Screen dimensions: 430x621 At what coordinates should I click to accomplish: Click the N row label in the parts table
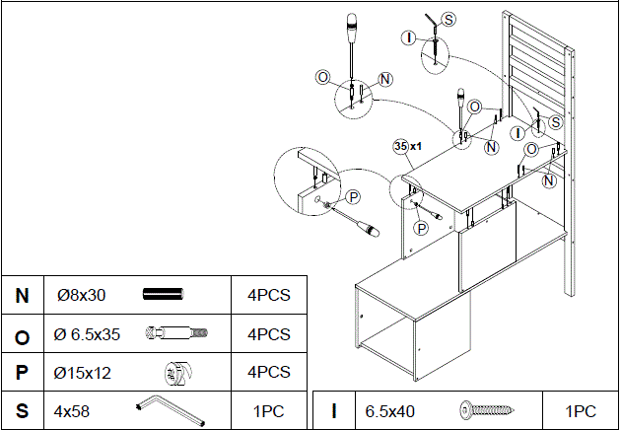coord(22,295)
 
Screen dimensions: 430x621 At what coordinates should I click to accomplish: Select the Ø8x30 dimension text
coord(81,295)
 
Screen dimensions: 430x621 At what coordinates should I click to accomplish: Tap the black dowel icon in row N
coord(164,295)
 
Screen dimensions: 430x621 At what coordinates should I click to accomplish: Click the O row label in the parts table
coord(22,334)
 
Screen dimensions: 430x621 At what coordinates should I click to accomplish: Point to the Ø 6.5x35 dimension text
coord(87,334)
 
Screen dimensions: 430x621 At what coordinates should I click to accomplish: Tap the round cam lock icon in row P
coord(177,372)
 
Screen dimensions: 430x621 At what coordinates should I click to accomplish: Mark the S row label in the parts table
coord(22,410)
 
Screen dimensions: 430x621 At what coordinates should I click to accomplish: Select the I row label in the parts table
coord(334,410)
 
